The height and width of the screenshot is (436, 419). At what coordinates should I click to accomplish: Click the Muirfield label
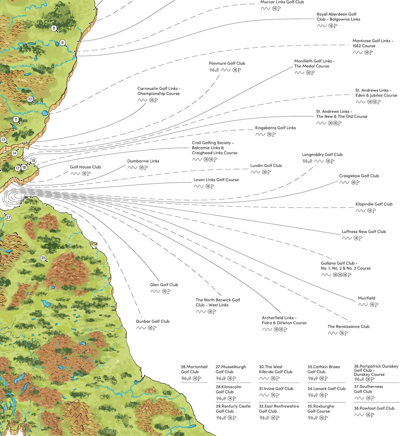click(x=366, y=298)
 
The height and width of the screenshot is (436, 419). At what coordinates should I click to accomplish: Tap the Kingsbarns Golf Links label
click(x=275, y=128)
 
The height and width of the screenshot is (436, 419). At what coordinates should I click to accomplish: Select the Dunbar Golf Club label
click(x=153, y=321)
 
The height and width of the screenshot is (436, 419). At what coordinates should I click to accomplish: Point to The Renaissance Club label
click(x=348, y=326)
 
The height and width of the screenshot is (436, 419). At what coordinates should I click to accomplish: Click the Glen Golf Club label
click(x=164, y=285)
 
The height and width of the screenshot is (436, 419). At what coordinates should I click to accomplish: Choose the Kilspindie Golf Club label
click(x=374, y=204)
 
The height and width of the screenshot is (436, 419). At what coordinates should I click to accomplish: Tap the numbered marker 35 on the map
click(x=43, y=258)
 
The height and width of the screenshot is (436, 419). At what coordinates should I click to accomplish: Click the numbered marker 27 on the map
click(x=8, y=217)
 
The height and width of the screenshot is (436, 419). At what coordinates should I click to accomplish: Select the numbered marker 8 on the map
click(x=54, y=28)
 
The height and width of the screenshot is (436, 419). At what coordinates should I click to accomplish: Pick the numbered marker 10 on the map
click(x=30, y=99)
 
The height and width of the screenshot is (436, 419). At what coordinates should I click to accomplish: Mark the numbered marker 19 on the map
click(x=33, y=161)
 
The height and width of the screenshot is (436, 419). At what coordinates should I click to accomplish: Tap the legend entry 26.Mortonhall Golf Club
click(x=194, y=369)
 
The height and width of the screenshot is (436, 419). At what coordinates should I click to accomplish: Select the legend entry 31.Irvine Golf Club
click(x=276, y=388)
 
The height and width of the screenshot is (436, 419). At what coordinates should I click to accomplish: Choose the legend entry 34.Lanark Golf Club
click(x=326, y=388)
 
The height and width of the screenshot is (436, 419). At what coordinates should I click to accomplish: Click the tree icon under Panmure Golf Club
click(x=214, y=70)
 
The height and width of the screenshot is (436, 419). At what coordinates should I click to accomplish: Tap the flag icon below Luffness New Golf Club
click(x=360, y=238)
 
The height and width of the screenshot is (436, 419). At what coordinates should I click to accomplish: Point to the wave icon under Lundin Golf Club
click(x=255, y=172)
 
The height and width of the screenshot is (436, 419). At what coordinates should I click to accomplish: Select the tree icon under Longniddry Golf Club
click(x=307, y=161)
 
